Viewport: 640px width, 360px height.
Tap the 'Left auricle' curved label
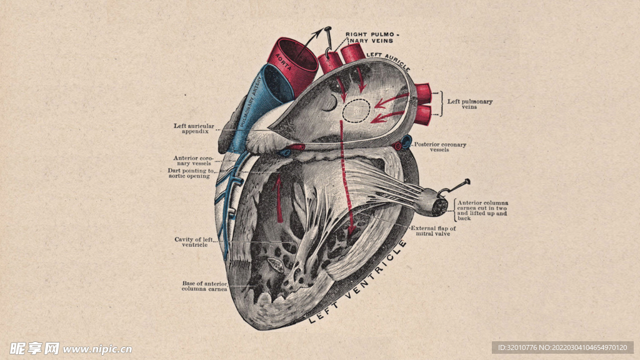pos(387,60)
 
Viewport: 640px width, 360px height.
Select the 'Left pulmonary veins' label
pos(469,104)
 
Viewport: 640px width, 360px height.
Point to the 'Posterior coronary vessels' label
pos(440,147)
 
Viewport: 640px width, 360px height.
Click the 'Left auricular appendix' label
pos(194,129)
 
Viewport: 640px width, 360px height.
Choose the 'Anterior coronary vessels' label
pos(193,161)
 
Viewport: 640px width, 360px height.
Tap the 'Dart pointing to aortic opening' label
pos(191,173)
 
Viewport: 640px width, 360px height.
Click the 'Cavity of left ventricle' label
pos(194,242)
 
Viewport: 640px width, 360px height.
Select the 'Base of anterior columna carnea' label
pos(204,286)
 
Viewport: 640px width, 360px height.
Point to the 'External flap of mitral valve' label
pos(433,231)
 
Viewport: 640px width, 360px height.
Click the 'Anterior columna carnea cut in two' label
pos(482,211)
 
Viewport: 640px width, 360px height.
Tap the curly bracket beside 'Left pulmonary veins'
pos(443,104)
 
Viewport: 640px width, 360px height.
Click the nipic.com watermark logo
pos(70,348)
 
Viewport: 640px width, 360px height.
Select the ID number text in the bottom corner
pos(562,347)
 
